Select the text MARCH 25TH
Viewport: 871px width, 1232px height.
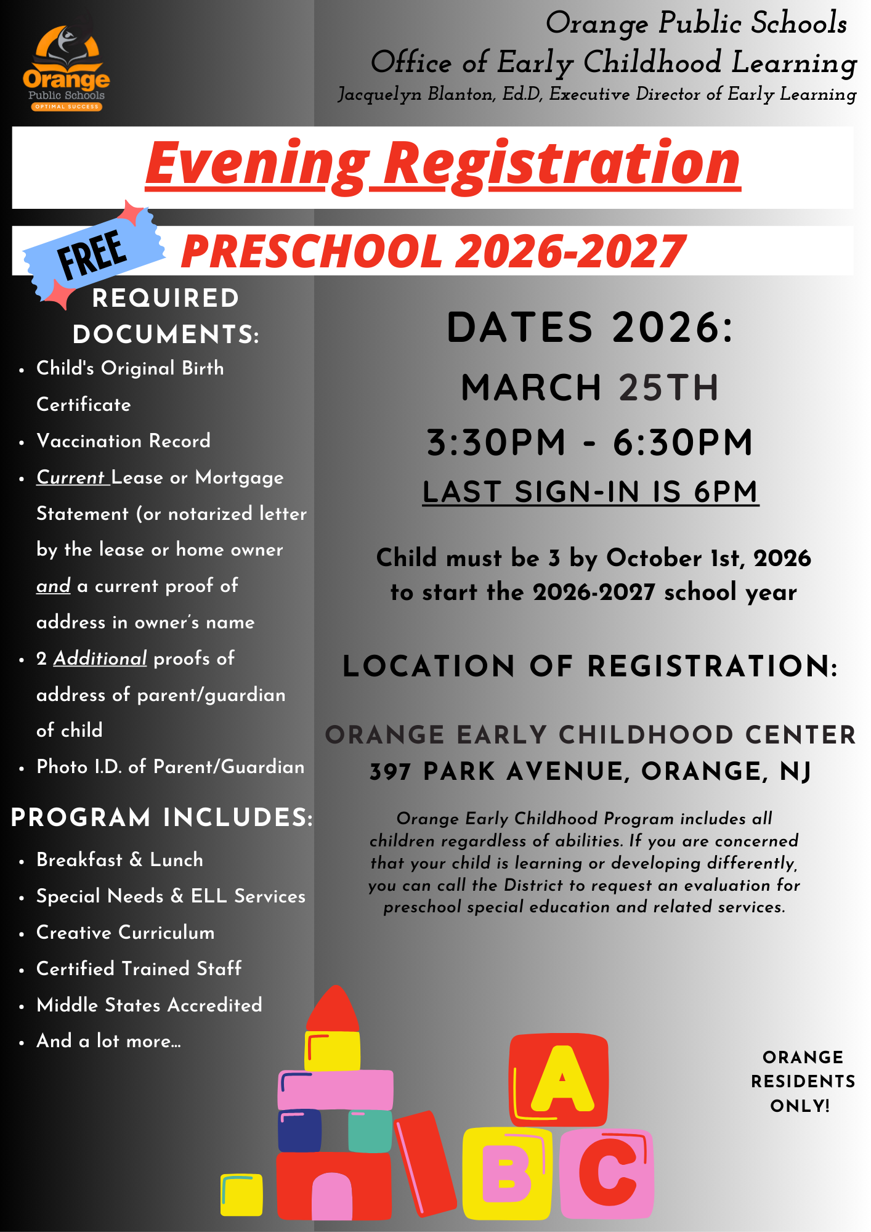(589, 388)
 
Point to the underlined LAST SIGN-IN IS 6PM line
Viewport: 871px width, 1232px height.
(590, 492)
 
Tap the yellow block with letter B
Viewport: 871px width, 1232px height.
(506, 1173)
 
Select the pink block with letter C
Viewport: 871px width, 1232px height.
(607, 1173)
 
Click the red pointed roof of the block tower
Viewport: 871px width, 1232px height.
(333, 1010)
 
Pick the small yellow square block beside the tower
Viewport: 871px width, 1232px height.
(242, 1195)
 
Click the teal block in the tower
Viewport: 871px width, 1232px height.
(370, 1131)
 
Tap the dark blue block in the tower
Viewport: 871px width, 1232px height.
(299, 1131)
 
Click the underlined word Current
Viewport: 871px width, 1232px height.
(71, 477)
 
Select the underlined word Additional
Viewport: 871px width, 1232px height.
(100, 659)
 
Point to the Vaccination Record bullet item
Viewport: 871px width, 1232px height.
(123, 441)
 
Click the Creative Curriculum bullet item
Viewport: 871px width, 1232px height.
(126, 933)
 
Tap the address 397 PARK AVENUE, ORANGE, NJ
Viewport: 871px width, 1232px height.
(590, 772)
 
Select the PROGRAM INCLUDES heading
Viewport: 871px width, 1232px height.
(162, 818)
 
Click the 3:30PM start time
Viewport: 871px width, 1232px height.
(496, 443)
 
